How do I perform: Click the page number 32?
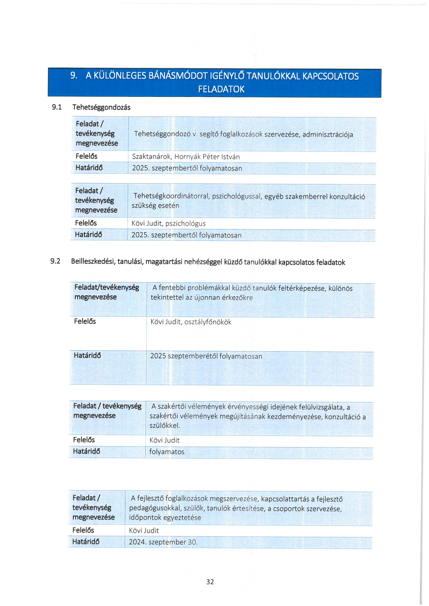click(x=210, y=581)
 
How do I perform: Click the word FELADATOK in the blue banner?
click(x=221, y=89)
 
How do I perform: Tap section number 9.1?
click(x=57, y=107)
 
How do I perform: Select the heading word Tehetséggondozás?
click(x=101, y=107)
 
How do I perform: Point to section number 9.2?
click(x=55, y=261)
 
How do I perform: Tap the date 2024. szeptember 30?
click(x=163, y=542)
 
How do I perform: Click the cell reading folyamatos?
click(x=167, y=452)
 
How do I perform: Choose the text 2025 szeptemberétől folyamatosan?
click(x=206, y=356)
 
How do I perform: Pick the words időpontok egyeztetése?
click(x=165, y=518)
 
